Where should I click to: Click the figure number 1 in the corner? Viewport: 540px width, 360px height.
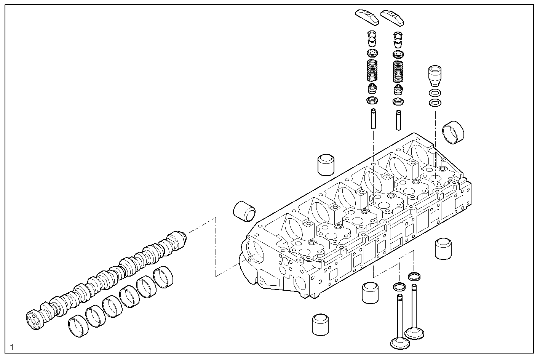pos(12,347)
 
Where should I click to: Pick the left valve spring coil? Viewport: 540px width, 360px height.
pos(372,70)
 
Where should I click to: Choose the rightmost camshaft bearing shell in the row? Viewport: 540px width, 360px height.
pos(163,277)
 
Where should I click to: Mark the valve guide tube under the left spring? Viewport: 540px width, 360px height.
pos(373,119)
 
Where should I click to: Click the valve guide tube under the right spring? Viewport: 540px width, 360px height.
pos(398,120)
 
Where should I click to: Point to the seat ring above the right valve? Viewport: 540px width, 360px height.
pos(414,275)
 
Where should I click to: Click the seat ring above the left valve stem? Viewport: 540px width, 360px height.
pos(399,286)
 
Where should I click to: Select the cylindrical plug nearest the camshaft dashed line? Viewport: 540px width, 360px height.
pos(244,211)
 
